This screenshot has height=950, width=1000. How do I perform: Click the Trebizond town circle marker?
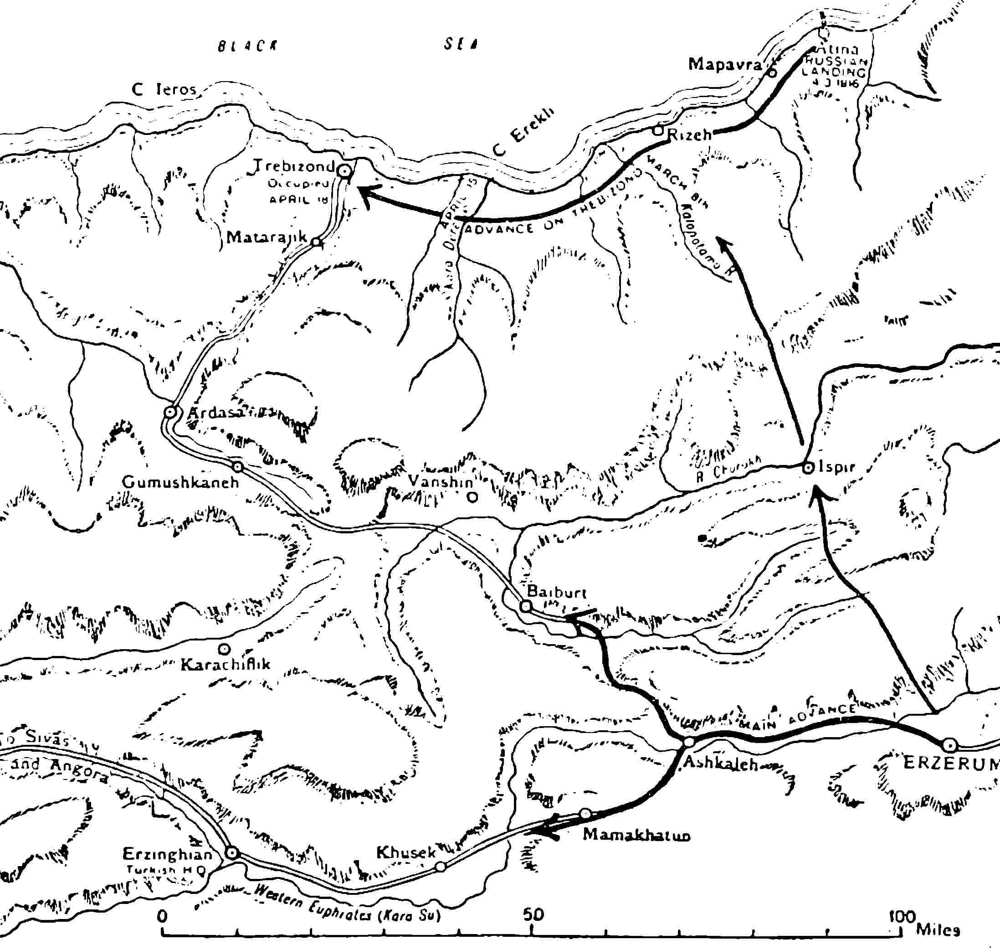[345, 171]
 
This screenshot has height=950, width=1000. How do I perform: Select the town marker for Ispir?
[808, 467]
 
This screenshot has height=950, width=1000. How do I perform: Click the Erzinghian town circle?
[231, 853]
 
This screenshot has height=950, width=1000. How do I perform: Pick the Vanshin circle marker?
[472, 497]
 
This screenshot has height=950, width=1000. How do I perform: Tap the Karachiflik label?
[226, 664]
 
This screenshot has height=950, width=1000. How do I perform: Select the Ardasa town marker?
[170, 412]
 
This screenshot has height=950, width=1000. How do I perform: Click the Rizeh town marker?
[657, 130]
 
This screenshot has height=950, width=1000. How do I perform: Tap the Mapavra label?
[725, 64]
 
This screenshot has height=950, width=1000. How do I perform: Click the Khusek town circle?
[440, 867]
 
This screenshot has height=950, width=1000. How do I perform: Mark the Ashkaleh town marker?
[689, 742]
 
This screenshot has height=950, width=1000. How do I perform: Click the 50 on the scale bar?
[533, 914]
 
